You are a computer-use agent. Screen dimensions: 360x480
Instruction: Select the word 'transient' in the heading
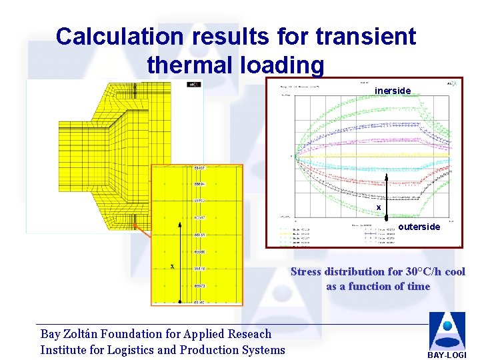pos(364,36)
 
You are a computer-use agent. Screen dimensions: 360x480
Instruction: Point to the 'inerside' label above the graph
pos(393,90)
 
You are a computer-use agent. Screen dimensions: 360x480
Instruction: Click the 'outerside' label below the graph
pos(419,227)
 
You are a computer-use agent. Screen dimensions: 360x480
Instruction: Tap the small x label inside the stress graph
pos(379,208)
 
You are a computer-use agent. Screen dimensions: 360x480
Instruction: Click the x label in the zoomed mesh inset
pos(172,266)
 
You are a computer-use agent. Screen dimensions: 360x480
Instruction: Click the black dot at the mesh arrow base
pos(179,302)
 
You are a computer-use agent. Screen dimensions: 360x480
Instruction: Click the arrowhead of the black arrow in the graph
pos(387,176)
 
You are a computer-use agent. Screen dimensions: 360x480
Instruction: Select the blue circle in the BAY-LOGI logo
pos(447,327)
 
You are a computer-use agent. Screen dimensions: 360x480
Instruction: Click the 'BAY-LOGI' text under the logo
pos(447,355)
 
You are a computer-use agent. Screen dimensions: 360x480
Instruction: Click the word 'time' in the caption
pos(419,287)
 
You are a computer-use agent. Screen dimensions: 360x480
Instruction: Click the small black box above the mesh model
pos(193,85)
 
